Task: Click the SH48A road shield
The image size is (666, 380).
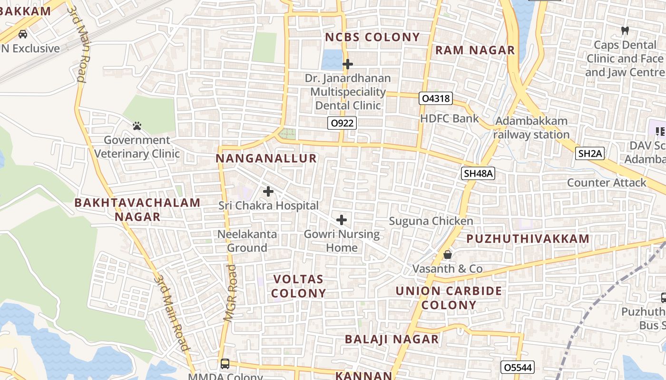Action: (478, 174)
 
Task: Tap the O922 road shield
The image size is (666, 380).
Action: (342, 123)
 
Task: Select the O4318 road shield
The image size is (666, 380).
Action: (436, 99)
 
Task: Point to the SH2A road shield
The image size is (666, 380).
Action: (590, 153)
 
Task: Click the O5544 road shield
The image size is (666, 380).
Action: (518, 367)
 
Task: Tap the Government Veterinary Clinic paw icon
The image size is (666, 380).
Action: (137, 126)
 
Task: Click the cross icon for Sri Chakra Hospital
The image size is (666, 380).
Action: (268, 191)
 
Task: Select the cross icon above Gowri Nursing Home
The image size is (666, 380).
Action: (342, 220)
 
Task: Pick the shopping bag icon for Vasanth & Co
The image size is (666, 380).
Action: (448, 255)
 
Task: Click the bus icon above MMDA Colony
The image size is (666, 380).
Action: (225, 364)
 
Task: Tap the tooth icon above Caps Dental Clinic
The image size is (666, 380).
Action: (625, 30)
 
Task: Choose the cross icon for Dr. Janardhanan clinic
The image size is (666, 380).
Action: (348, 64)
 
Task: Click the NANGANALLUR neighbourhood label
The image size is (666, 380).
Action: (266, 159)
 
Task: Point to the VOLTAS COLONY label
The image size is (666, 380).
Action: (298, 286)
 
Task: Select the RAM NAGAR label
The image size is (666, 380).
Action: (475, 50)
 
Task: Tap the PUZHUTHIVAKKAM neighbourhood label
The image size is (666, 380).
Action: (528, 239)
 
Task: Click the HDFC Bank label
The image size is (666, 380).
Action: (450, 118)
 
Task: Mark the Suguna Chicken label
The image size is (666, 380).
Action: (431, 221)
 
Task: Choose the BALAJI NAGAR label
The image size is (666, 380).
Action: (392, 339)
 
